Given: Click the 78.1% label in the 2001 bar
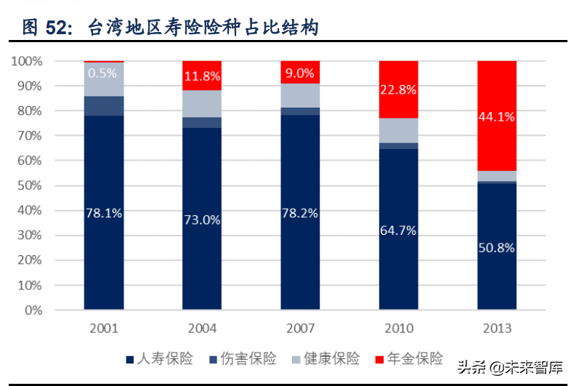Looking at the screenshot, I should pos(104,213).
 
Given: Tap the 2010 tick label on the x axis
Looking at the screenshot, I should pos(398,328).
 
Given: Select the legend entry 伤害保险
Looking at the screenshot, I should pos(243,358).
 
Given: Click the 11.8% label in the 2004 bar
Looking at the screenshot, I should pos(202,76).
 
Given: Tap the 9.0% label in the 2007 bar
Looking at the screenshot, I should pos(300,73).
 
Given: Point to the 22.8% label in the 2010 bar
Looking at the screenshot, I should pos(398,89).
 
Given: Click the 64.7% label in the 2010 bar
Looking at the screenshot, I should pos(398,230).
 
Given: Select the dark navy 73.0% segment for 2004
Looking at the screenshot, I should pos(202,219).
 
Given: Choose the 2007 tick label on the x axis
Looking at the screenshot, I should pos(300,328).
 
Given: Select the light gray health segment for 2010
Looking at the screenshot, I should pos(398,130).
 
